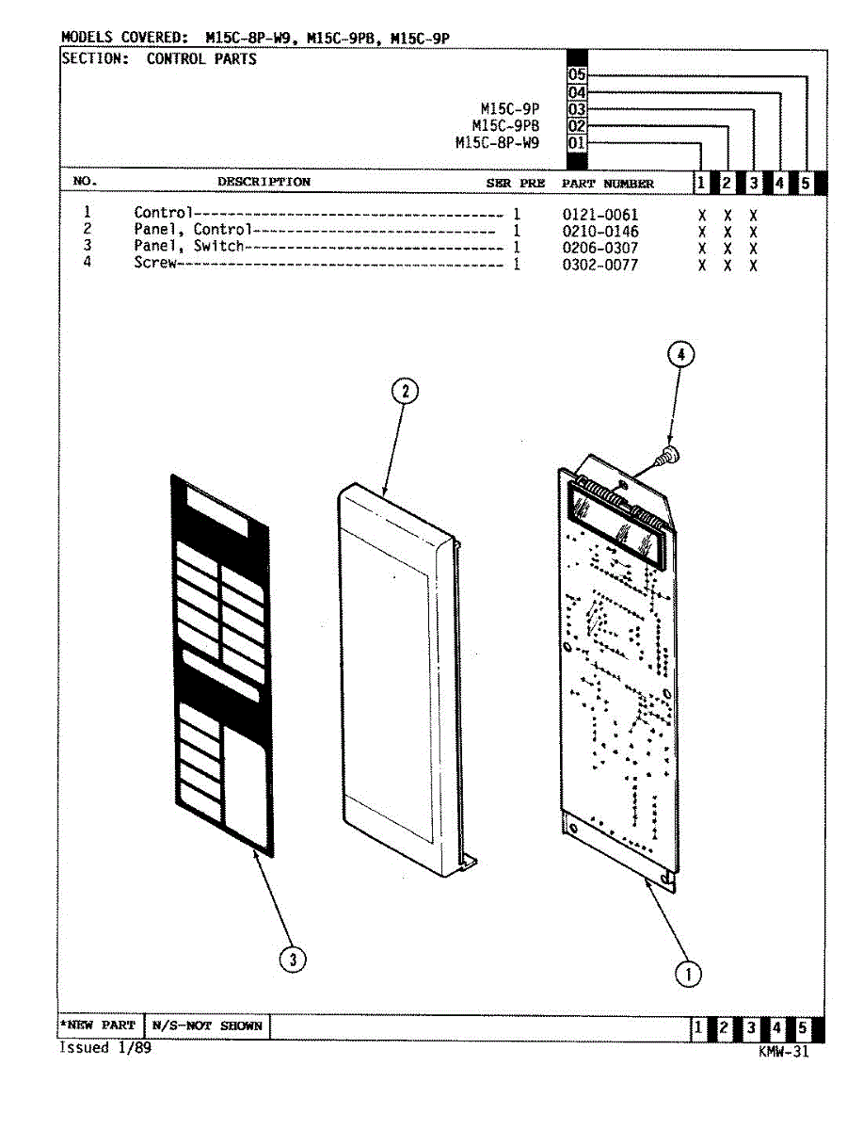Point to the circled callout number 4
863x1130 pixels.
click(680, 354)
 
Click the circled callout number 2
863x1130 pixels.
click(404, 391)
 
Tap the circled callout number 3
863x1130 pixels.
click(294, 960)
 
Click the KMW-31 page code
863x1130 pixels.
click(783, 1053)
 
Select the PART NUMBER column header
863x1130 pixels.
click(607, 184)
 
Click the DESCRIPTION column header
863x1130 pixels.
click(264, 182)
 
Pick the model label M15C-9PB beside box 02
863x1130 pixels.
click(505, 126)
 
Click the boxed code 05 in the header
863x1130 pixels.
click(577, 75)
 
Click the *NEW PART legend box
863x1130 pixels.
click(98, 1025)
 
